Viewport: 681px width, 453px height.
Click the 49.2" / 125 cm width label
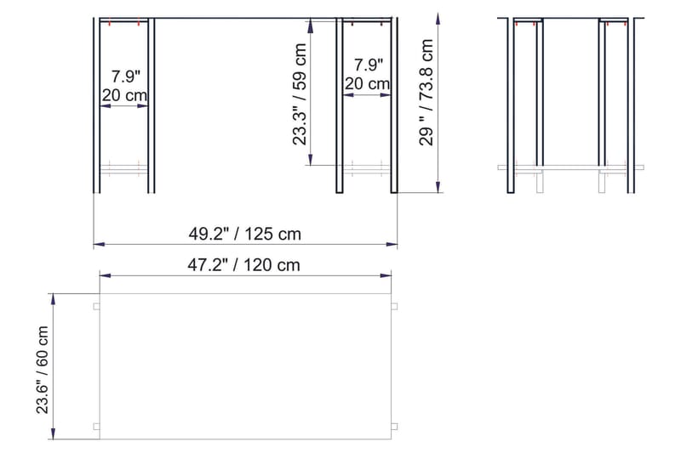(244, 232)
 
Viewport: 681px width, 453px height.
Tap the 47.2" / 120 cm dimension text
(244, 264)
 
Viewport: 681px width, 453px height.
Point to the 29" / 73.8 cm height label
(427, 93)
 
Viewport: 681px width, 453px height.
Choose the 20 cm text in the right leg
(368, 83)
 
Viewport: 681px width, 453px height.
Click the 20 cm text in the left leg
(123, 95)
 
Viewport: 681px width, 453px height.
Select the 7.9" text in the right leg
(368, 65)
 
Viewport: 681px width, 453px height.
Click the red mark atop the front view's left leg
(108, 22)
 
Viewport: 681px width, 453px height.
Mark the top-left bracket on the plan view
(96, 306)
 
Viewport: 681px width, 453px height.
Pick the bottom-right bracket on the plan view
(394, 426)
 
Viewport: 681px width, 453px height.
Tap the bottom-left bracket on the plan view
(96, 426)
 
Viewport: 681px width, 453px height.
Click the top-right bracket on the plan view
(394, 306)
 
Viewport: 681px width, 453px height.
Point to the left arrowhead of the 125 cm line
(97, 244)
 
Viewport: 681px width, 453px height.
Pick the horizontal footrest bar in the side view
(570, 167)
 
